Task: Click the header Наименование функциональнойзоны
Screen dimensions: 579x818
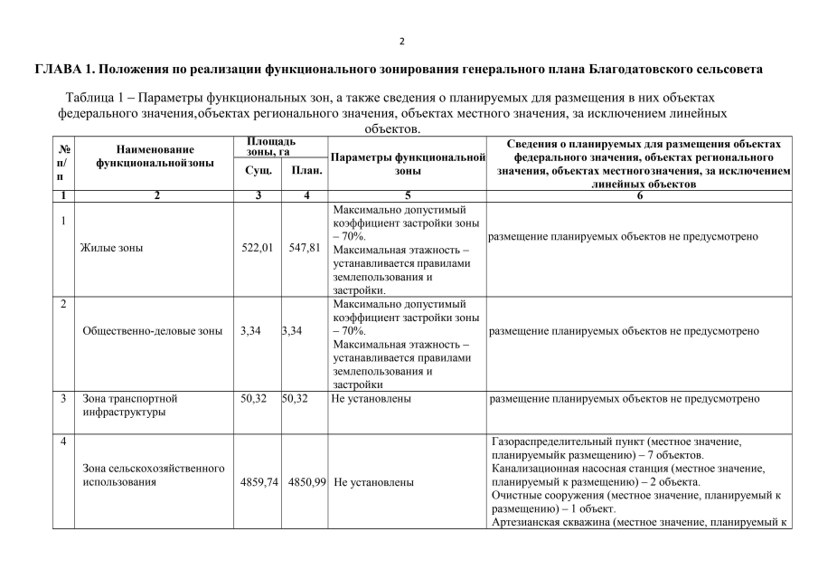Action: click(x=155, y=156)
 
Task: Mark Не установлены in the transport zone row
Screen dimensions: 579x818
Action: click(x=372, y=398)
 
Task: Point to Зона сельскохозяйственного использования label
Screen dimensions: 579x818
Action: click(x=153, y=475)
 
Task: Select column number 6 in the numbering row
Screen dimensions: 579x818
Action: click(x=639, y=195)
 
